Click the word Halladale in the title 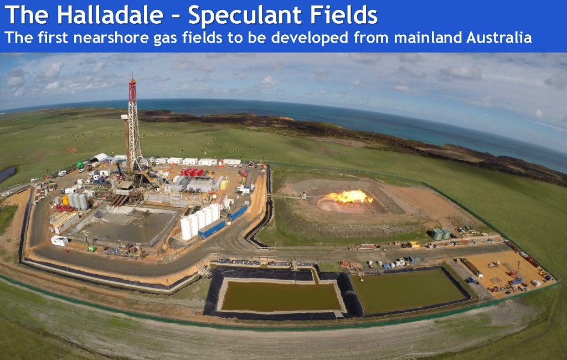110,15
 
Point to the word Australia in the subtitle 499,37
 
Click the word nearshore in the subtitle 110,38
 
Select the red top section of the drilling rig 132,90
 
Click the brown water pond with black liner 281,296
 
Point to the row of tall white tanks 200,220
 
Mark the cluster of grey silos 78,201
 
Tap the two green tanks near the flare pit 441,234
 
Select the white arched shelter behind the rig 100,158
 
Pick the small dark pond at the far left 7,174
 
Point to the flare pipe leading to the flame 288,197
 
